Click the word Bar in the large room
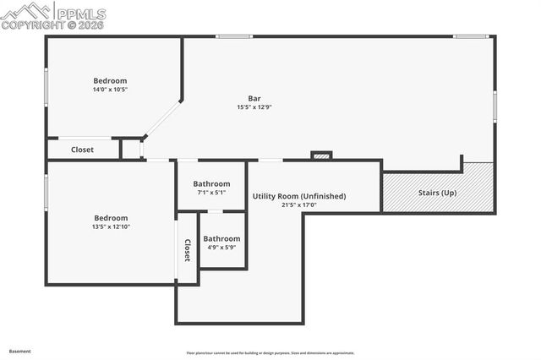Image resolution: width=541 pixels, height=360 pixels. [x=254, y=98]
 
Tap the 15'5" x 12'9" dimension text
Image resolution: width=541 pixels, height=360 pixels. [x=254, y=107]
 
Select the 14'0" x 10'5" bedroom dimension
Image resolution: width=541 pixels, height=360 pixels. [x=110, y=90]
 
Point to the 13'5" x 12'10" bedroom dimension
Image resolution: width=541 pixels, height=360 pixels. [x=110, y=226]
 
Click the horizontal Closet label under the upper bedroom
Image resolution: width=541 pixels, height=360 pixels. [x=82, y=150]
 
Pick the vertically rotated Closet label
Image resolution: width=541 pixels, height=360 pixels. [x=188, y=251]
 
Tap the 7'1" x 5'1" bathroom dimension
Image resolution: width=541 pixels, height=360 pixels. [x=211, y=193]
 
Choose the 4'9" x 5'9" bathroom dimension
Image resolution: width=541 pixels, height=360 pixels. [x=221, y=248]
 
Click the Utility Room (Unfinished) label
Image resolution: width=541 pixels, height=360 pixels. [x=299, y=196]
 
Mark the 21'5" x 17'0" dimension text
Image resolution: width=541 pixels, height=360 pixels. [x=299, y=205]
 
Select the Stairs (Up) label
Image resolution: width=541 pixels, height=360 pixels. [x=437, y=193]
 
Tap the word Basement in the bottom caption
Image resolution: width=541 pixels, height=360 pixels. [x=20, y=351]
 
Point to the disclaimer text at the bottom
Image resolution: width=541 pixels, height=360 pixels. [x=270, y=353]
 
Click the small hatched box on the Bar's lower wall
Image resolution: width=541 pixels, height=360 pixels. [x=321, y=155]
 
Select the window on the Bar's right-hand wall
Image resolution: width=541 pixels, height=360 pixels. [x=495, y=107]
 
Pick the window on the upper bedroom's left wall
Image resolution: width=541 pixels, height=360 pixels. [x=46, y=87]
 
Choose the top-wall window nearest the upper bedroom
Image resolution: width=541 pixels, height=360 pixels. [x=233, y=36]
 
